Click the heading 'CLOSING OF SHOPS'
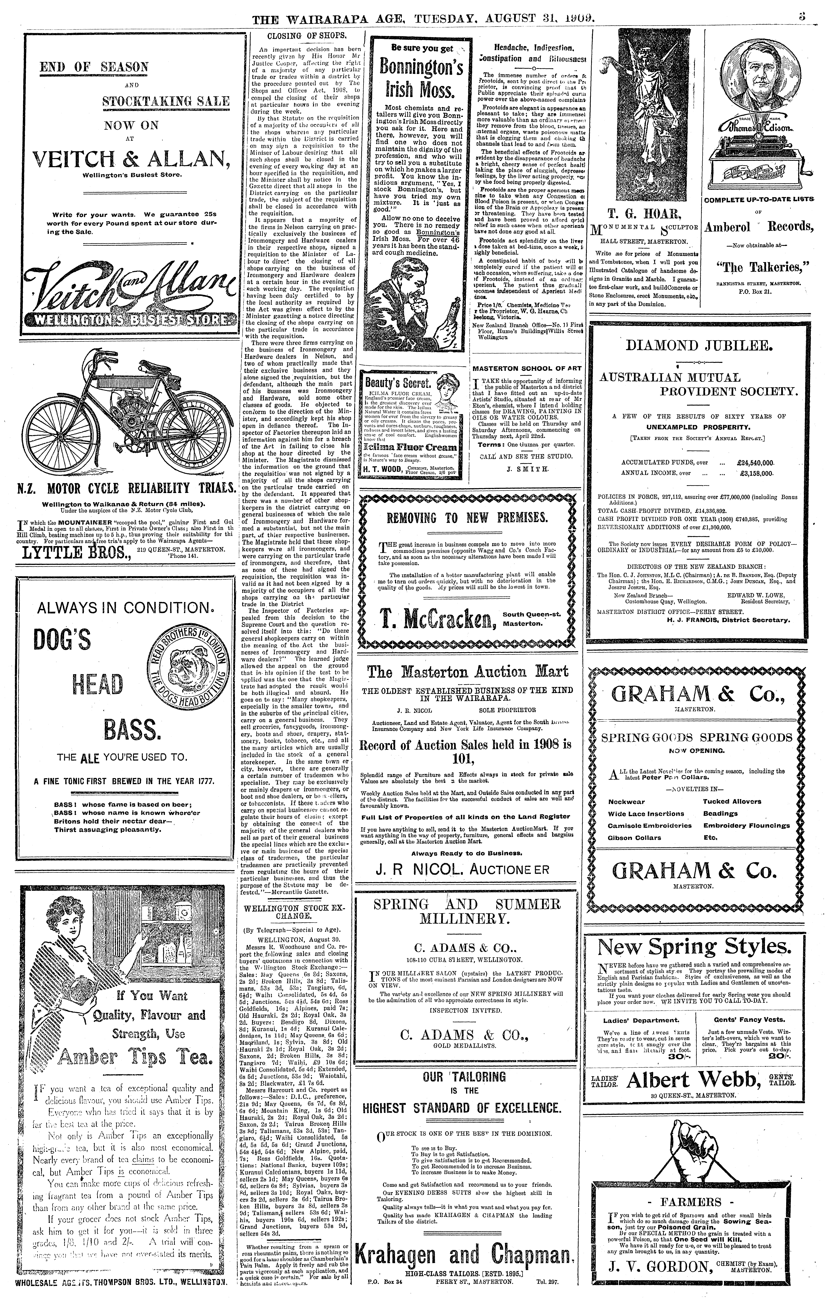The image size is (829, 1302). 307,36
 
